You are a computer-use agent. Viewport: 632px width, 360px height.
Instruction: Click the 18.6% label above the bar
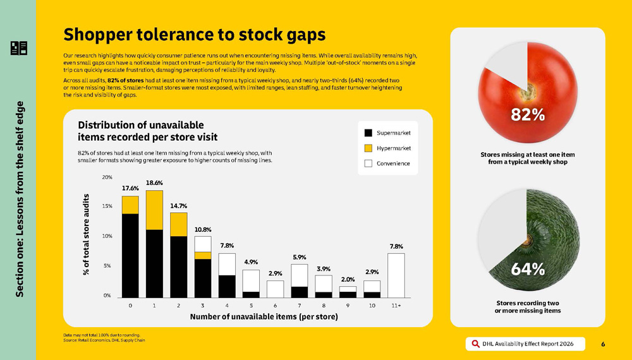[154, 183]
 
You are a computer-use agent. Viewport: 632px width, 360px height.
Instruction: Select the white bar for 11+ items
[396, 275]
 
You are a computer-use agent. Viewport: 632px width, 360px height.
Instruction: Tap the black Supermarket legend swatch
[368, 133]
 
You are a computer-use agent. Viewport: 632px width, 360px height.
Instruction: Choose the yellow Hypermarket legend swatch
[368, 148]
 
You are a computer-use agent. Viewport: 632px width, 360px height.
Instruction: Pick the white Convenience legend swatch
[368, 163]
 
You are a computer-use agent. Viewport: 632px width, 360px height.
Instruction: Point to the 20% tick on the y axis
[107, 177]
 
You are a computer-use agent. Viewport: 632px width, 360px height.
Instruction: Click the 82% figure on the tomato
[528, 114]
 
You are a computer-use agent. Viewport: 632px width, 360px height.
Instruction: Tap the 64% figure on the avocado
[528, 268]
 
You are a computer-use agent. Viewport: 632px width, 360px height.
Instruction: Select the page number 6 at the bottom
[603, 344]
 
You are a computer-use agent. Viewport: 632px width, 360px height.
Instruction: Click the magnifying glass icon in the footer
[475, 344]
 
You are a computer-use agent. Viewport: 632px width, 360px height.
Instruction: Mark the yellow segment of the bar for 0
[130, 205]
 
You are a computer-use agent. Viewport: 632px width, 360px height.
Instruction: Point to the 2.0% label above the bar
[348, 279]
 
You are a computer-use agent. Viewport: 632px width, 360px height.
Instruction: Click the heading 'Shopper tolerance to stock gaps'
[195, 33]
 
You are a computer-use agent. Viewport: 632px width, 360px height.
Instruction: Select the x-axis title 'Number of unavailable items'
[264, 316]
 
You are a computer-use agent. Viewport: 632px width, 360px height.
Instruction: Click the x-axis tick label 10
[372, 306]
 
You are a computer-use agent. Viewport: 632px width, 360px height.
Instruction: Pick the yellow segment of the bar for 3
[202, 255]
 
